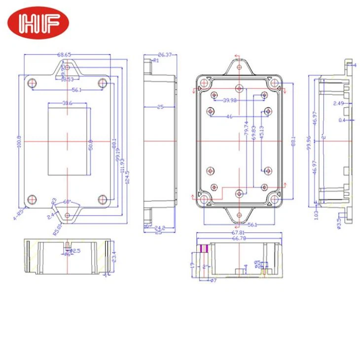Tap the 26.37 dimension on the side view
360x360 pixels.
click(164, 55)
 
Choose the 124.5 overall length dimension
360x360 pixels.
click(127, 175)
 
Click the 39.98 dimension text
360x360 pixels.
click(229, 101)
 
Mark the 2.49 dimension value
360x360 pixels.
click(338, 103)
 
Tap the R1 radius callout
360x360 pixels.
click(155, 60)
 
